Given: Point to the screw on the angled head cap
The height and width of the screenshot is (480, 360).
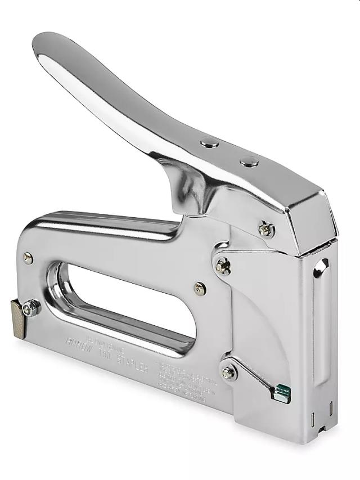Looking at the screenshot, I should (266, 229).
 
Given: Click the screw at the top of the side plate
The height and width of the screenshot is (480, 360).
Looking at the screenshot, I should (223, 265).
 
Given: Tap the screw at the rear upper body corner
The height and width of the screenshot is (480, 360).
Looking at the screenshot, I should (28, 258).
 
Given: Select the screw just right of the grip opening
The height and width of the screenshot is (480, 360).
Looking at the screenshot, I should (200, 288).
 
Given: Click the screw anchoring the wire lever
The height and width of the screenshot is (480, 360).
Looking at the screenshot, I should (228, 372).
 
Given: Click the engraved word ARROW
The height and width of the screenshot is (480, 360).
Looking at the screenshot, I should (80, 342).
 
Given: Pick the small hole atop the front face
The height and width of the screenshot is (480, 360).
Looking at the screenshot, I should (323, 264).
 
